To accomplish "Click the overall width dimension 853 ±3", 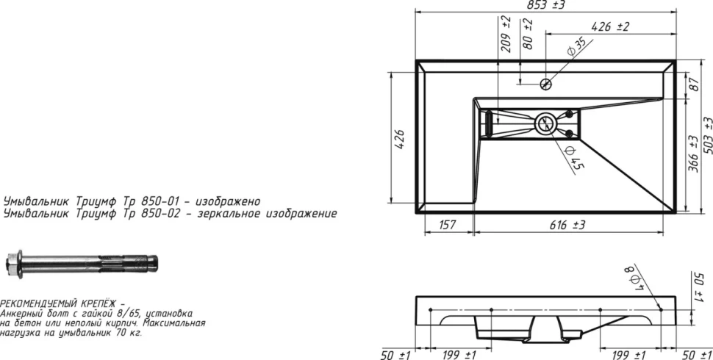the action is (x=545, y=5).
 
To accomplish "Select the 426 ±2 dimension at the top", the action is (x=610, y=27).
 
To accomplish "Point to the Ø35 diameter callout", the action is (x=576, y=47).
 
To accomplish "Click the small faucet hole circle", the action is (x=545, y=84).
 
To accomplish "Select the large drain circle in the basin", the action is (x=545, y=123).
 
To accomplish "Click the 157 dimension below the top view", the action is (x=448, y=225).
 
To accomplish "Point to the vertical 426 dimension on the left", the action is (x=399, y=140).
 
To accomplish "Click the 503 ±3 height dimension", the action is (x=707, y=135).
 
